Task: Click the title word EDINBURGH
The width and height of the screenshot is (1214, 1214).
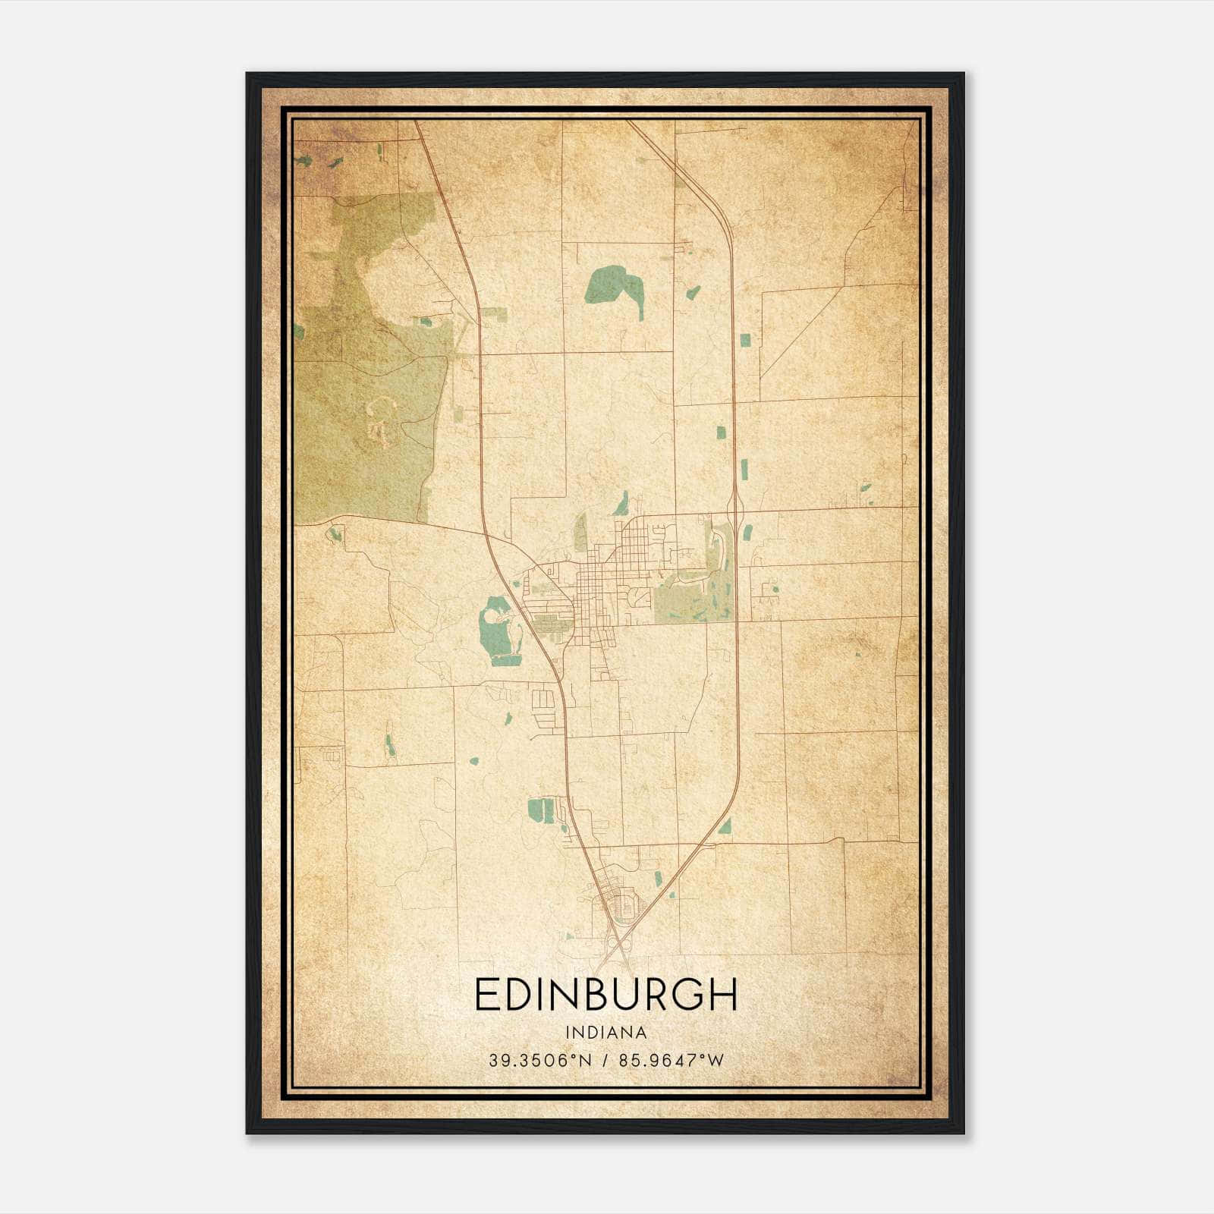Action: pos(605,995)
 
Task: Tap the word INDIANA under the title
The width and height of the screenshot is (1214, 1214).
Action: pos(605,1033)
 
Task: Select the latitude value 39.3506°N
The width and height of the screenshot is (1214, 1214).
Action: pos(539,1060)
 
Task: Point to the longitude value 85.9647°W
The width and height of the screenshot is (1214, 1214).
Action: pos(671,1060)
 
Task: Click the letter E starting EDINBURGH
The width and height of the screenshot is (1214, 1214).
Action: pos(486,995)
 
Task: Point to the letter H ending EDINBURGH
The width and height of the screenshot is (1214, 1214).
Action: pos(725,995)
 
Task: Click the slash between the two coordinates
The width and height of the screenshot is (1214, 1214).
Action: pos(606,1060)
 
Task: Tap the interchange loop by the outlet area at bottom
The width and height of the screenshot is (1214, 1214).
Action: pos(627,907)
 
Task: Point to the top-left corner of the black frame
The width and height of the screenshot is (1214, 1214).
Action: pos(248,74)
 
